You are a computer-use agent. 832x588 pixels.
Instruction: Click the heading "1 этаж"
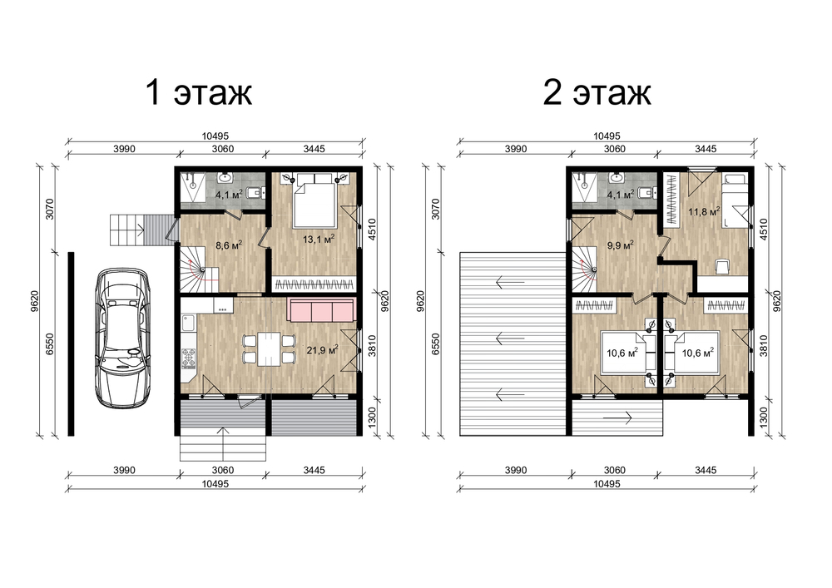point(199,92)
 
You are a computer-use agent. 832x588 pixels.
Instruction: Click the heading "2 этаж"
point(597,92)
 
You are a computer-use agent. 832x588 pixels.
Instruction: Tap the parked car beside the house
point(122,338)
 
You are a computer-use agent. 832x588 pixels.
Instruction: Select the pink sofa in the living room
point(321,309)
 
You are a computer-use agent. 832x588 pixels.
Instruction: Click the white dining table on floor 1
point(270,348)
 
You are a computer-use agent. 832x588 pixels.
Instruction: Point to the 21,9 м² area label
point(323,349)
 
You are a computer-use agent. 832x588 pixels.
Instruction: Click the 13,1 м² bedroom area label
point(319,240)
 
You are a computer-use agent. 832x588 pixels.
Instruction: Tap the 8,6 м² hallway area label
point(229,245)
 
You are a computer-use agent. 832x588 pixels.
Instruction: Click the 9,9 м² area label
point(621,245)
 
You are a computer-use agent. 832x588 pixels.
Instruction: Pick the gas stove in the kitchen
point(188,358)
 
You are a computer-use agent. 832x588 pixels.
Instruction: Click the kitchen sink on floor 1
point(188,323)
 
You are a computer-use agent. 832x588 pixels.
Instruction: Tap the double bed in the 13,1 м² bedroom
point(314,200)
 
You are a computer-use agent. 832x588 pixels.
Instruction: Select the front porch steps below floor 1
point(223,447)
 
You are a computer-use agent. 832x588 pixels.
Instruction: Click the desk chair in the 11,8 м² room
point(722,266)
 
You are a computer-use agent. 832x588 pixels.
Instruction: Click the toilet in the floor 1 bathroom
point(256,192)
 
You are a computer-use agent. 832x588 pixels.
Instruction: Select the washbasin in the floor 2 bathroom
point(616,177)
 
